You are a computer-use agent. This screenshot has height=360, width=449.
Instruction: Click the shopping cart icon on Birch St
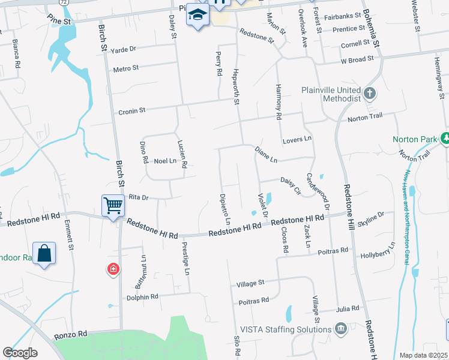(113, 205)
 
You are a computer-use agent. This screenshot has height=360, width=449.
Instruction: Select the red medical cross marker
(112, 270)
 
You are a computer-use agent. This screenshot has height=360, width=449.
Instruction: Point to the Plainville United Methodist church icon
(370, 94)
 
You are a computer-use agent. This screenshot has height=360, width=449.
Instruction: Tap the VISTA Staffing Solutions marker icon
(341, 329)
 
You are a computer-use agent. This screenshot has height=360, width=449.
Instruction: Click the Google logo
(20, 353)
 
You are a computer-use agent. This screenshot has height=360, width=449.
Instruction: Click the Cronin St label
(132, 110)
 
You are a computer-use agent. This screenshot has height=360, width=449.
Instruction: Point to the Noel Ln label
(163, 161)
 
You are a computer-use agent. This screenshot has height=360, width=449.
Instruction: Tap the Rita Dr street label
(138, 197)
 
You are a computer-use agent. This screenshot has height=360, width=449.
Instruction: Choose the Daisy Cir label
(291, 185)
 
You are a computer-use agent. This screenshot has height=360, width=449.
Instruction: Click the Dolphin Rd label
(142, 296)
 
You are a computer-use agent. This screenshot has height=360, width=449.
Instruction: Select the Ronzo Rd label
(70, 333)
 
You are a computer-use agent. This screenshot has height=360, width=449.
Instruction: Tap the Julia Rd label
(348, 308)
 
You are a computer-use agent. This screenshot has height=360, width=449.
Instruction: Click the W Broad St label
(357, 59)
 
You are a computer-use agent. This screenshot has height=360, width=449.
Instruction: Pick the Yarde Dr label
(124, 49)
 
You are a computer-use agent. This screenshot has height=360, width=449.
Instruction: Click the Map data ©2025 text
(423, 355)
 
